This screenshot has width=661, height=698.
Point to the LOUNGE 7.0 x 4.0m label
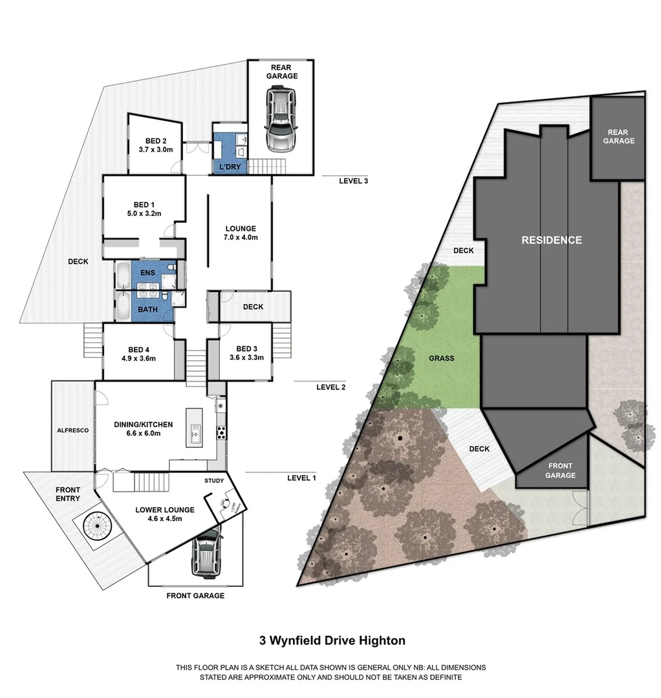point(241,233)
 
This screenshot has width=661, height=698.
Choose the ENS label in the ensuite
point(147,273)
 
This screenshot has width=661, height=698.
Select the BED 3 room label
point(246,348)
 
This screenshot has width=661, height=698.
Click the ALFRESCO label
point(72,430)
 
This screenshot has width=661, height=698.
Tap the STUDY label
point(214,481)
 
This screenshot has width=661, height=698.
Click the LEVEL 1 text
point(301,478)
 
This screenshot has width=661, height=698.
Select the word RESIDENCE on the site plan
point(552,240)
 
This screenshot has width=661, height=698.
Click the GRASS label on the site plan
point(441,358)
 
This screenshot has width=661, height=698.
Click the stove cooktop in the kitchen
point(221,433)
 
